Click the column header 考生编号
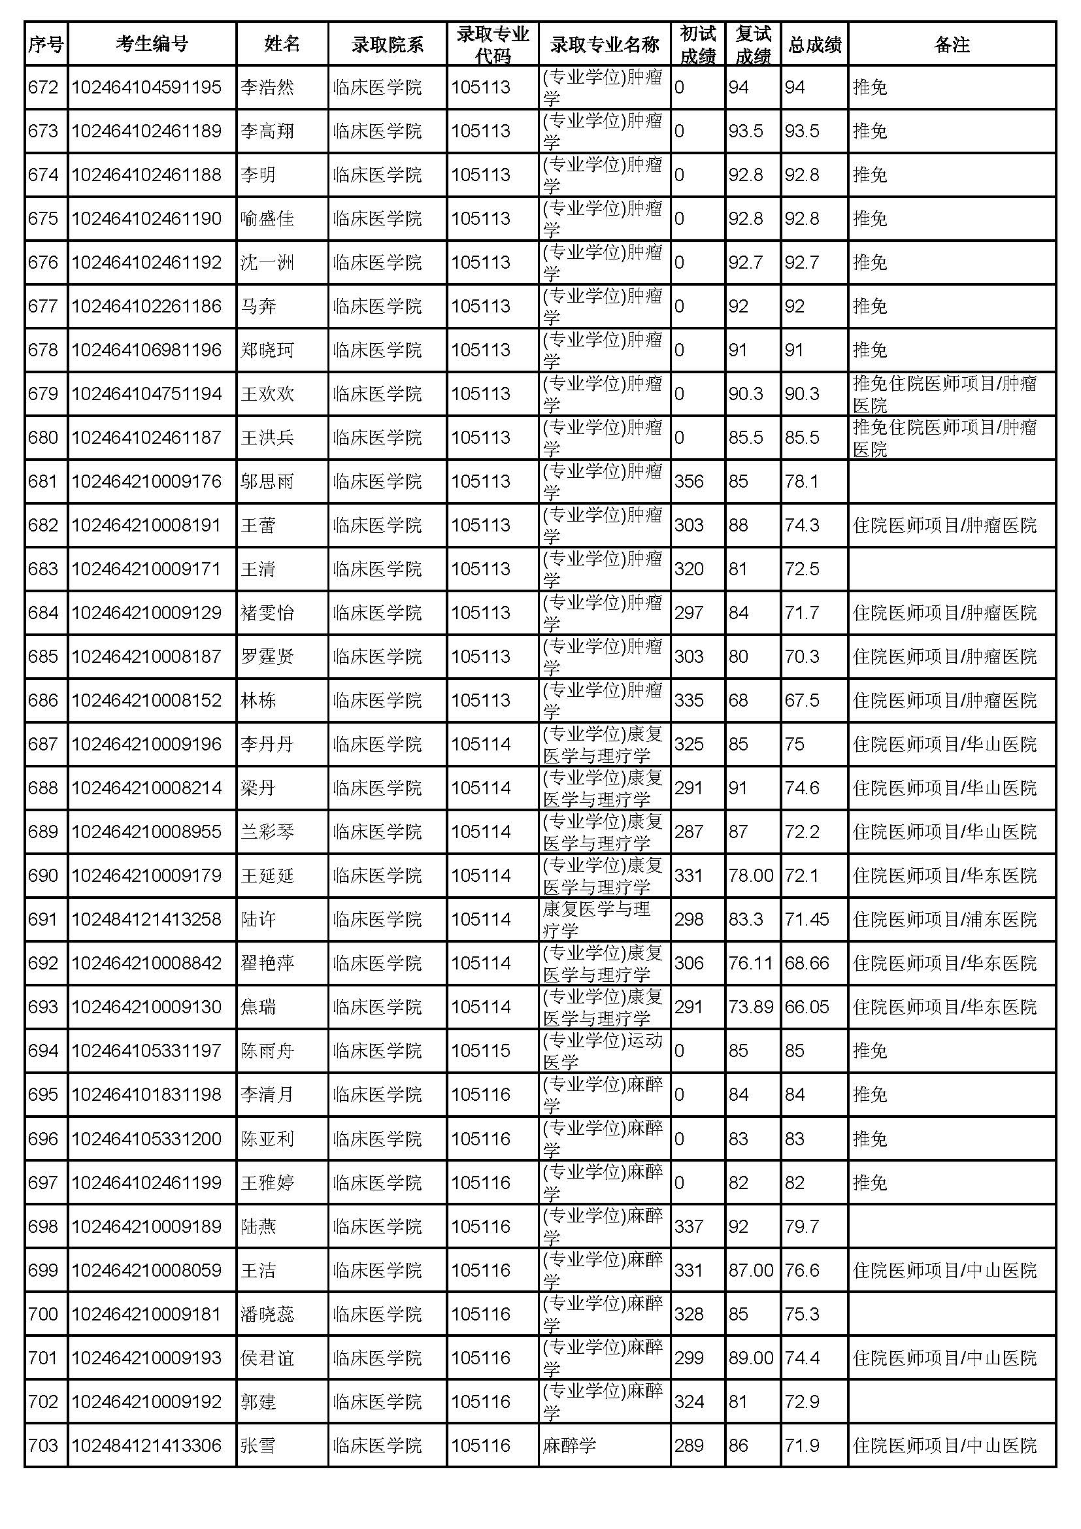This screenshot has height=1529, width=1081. tap(152, 44)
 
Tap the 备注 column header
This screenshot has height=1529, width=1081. tap(951, 44)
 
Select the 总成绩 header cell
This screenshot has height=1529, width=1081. tap(814, 44)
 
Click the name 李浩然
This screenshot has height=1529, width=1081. tap(267, 87)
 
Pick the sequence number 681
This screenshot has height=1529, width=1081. tap(43, 482)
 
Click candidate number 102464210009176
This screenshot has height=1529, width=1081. tap(146, 482)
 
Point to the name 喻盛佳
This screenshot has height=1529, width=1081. tap(267, 218)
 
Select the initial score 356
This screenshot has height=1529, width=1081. tap(688, 482)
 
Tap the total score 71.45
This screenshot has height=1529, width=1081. tap(807, 920)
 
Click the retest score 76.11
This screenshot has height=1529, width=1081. tap(751, 964)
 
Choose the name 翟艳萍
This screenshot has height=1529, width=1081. tap(267, 964)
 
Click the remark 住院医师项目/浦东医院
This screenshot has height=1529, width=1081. tap(944, 920)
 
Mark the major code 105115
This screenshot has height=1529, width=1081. tap(480, 1051)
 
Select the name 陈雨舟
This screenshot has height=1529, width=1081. tap(267, 1051)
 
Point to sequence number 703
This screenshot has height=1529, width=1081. tap(43, 1446)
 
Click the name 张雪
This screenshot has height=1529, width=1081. tap(258, 1446)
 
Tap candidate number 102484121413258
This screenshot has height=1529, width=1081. tap(146, 920)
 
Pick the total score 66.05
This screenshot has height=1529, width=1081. tap(807, 1007)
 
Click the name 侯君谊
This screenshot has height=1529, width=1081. tap(267, 1358)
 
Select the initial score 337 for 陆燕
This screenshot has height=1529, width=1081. tap(688, 1226)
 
